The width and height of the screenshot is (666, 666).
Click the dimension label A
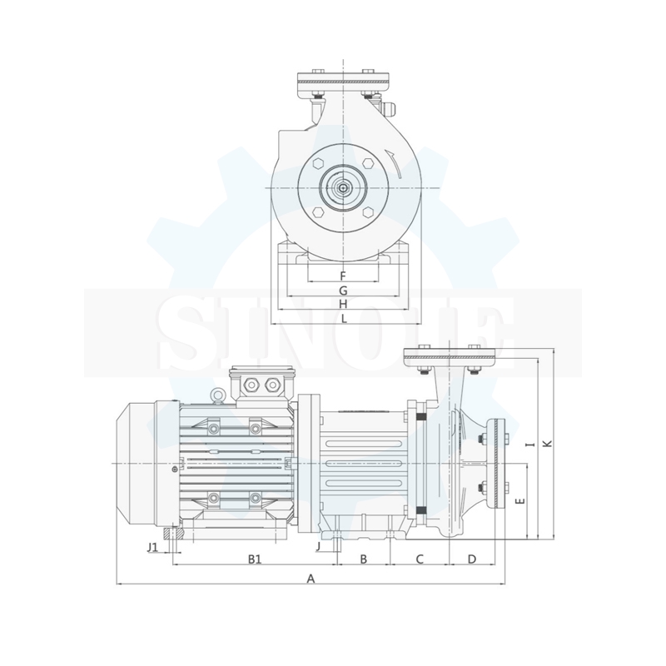[311, 579]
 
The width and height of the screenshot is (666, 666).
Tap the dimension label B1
[255, 559]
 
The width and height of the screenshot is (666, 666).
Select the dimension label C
[420, 559]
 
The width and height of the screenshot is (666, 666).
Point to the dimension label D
[472, 559]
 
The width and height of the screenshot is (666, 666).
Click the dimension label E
[519, 501]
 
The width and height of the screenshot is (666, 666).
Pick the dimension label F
[343, 276]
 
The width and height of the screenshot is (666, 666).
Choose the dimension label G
[343, 291]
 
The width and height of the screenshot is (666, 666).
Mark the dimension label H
[343, 304]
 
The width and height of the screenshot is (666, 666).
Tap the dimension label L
[344, 318]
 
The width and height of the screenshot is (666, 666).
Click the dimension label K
[548, 443]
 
